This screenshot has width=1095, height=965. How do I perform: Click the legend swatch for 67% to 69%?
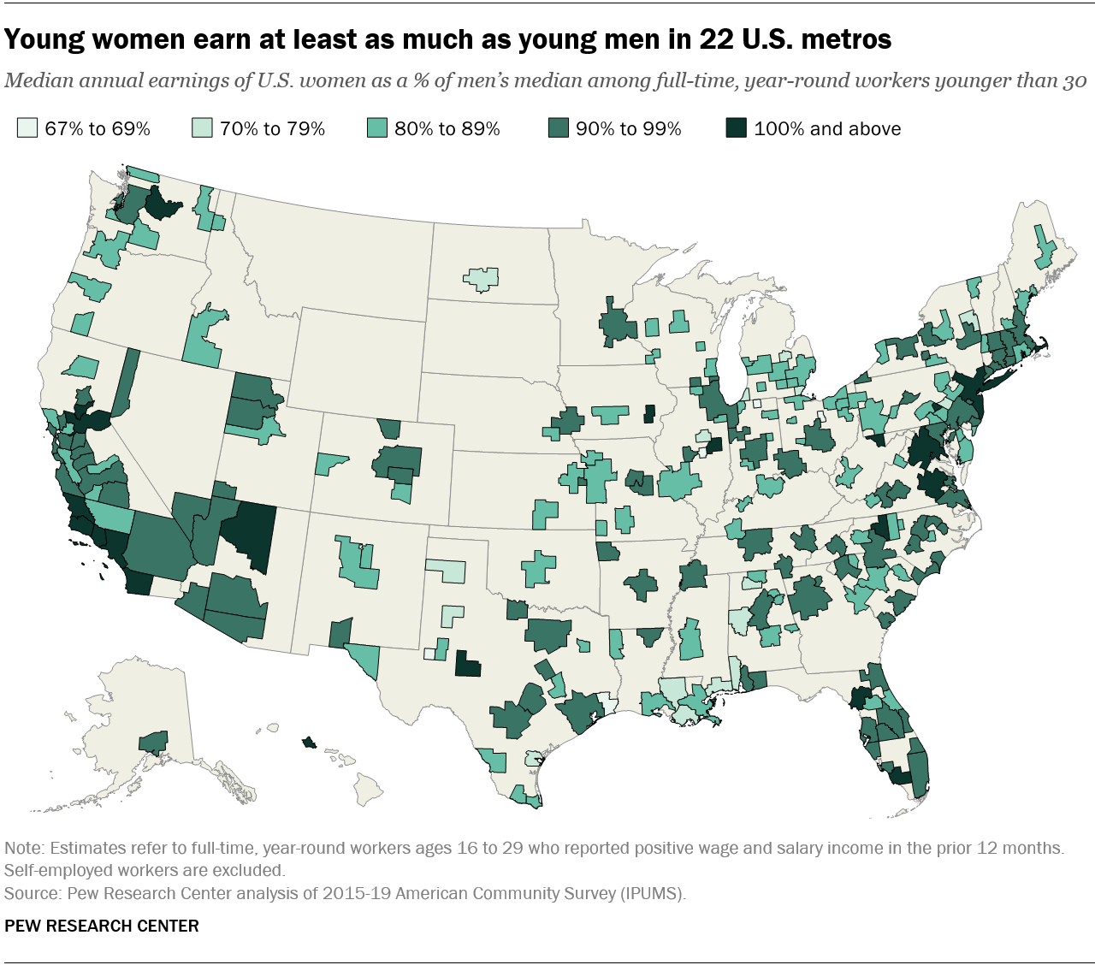click(27, 129)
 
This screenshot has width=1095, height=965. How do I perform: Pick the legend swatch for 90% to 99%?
click(557, 129)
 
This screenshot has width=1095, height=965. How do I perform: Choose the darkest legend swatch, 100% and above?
click(735, 129)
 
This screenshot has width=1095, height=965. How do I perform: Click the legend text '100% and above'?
click(827, 129)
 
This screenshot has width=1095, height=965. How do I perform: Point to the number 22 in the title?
click(719, 38)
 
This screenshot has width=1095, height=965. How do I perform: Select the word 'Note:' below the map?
click(25, 849)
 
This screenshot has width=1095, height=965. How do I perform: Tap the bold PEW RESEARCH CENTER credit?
click(102, 927)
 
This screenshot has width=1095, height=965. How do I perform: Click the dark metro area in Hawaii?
click(308, 743)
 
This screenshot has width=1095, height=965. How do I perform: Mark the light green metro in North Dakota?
click(482, 279)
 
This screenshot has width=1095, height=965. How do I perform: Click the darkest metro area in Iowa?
click(648, 413)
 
